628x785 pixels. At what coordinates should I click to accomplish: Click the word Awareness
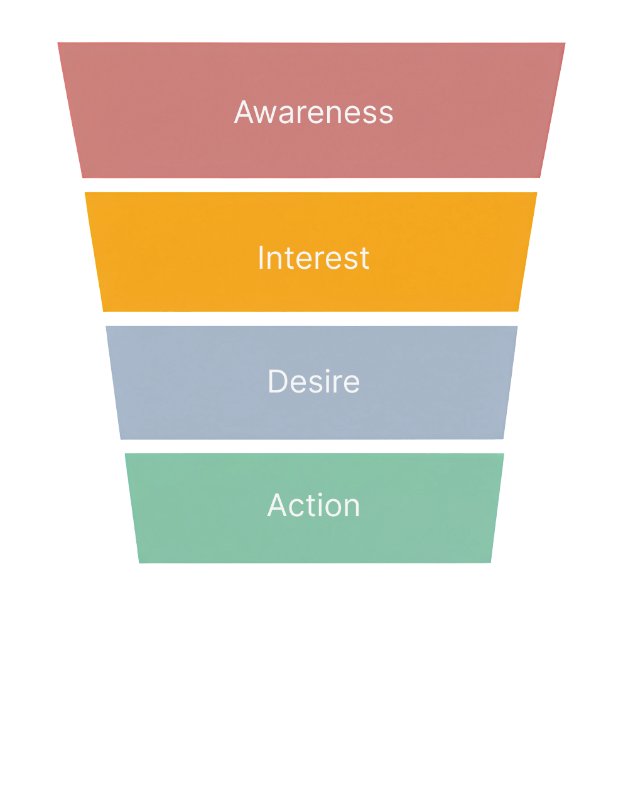click(313, 112)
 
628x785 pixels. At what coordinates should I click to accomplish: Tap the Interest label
click(313, 258)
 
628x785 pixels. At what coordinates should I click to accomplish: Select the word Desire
click(313, 381)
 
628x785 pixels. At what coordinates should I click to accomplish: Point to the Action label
click(313, 506)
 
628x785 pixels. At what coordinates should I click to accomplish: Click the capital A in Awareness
click(245, 112)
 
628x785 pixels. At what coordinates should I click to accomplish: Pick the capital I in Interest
click(261, 258)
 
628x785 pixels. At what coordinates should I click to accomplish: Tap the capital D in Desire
click(277, 381)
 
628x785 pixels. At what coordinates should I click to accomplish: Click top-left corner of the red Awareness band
click(58, 43)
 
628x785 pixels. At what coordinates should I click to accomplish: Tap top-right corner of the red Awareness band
click(565, 43)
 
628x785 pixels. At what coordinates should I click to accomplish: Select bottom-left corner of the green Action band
click(139, 562)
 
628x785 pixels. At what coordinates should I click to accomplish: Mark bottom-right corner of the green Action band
click(490, 562)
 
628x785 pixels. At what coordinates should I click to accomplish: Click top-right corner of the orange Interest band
click(536, 193)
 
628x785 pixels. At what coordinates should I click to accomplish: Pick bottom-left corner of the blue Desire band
click(121, 438)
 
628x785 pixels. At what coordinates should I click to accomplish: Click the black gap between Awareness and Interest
click(313, 185)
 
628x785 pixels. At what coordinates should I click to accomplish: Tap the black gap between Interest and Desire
click(313, 318)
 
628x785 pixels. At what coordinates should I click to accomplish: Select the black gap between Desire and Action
click(313, 447)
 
